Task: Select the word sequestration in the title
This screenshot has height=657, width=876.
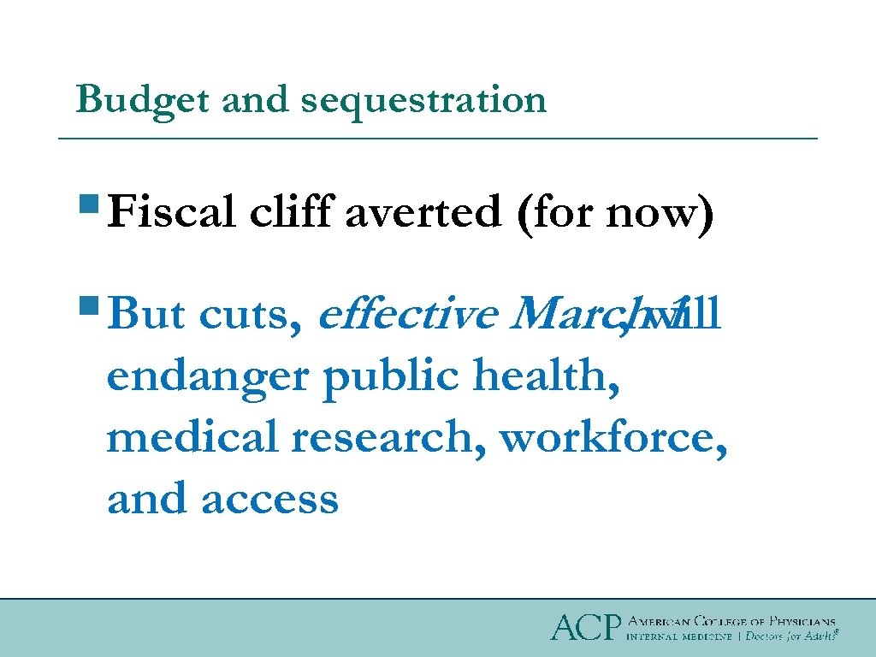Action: [x=423, y=100]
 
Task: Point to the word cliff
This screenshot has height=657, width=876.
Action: [x=290, y=211]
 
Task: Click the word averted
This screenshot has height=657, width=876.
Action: [x=423, y=213]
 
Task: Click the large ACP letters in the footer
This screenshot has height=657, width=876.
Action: [x=584, y=628]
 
